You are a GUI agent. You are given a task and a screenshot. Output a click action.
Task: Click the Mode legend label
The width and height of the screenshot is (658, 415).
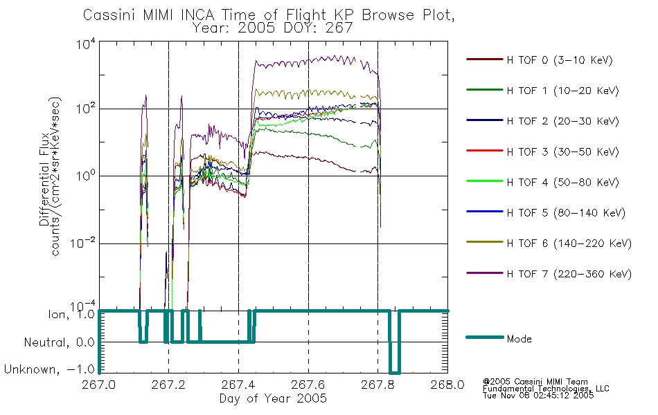[519, 339]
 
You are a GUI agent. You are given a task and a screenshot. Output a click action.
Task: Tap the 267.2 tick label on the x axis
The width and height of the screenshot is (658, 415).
[168, 385]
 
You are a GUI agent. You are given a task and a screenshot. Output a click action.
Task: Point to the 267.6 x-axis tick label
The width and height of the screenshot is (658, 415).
[308, 385]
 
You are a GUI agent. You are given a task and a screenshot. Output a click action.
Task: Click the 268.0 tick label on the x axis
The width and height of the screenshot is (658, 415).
[447, 385]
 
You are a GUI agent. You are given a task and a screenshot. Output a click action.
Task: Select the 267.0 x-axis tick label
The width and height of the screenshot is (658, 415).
[98, 385]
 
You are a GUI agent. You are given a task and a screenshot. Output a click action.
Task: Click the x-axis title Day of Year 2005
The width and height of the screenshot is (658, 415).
[273, 398]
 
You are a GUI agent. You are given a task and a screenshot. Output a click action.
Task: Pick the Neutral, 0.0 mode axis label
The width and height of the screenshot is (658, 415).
[59, 342]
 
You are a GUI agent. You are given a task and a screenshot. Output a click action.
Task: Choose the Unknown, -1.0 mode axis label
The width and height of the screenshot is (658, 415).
[49, 369]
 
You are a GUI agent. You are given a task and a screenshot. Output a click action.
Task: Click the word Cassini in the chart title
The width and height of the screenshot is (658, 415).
[110, 15]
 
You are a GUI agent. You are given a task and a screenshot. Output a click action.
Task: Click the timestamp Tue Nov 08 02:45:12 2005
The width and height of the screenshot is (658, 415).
[538, 396]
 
